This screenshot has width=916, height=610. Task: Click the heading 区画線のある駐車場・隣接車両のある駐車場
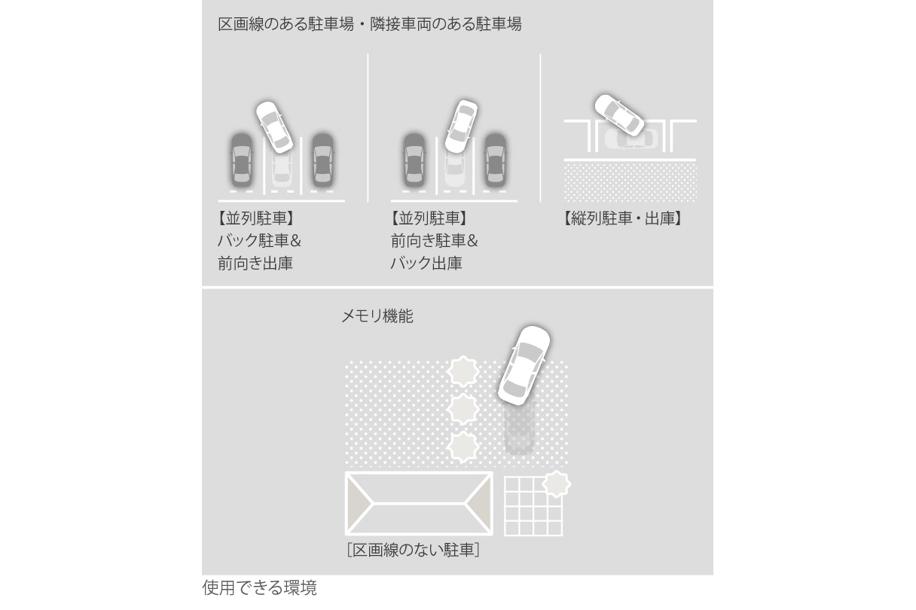tap(369, 24)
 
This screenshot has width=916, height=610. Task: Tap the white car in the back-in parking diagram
tap(273, 127)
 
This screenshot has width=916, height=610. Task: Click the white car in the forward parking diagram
tap(460, 126)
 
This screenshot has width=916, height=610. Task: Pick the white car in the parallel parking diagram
tap(618, 114)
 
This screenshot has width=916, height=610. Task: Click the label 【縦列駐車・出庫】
tap(622, 219)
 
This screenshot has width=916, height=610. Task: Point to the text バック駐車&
tap(259, 241)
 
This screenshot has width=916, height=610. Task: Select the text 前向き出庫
tap(255, 264)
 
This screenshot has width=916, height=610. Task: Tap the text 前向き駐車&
tap(433, 241)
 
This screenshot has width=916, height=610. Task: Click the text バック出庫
tap(426, 264)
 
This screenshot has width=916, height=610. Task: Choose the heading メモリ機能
tap(377, 316)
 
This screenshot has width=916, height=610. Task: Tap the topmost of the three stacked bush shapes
tap(463, 372)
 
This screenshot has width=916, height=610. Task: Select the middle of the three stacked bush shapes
tap(463, 409)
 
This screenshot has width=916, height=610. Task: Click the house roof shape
tap(418, 503)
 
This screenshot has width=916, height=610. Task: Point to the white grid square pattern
tap(531, 508)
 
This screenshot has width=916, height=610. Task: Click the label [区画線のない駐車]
tap(413, 551)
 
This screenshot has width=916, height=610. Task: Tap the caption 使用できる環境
tap(259, 588)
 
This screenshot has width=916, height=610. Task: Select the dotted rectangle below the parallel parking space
tap(630, 181)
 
